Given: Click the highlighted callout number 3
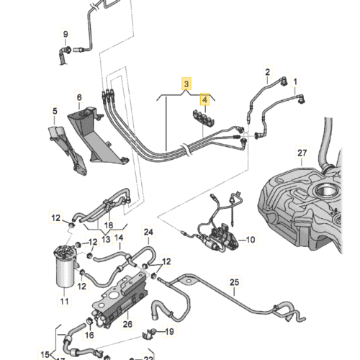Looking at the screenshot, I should click(186, 84).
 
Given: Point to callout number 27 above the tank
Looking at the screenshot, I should click(302, 153).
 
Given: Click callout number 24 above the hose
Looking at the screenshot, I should click(149, 232).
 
